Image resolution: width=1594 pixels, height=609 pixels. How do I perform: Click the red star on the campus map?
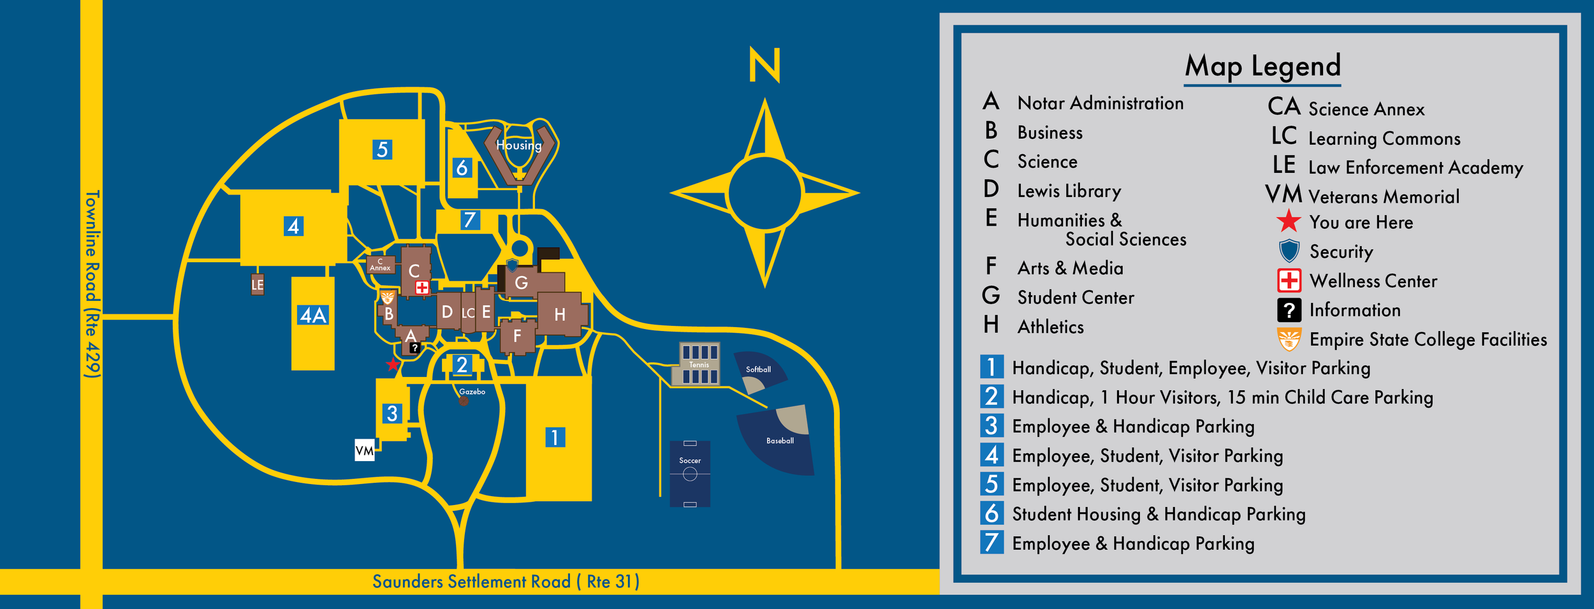coord(393,365)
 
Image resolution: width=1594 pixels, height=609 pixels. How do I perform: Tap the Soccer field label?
coord(689,460)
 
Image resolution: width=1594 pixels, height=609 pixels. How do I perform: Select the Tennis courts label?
coord(699,365)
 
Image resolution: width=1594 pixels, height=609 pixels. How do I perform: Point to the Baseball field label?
coord(780,441)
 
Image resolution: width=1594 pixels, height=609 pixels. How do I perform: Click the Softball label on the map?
coord(758,369)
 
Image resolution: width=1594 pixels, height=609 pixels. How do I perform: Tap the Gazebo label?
coord(472,392)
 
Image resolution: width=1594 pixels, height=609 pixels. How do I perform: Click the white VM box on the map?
coord(365,450)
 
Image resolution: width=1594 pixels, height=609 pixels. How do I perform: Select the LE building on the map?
coord(258,284)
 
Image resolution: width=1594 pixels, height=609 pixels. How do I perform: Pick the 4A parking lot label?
coord(313,315)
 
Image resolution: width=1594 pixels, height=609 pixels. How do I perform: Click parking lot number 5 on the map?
coord(382,150)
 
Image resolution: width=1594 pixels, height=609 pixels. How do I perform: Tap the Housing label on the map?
coord(519,145)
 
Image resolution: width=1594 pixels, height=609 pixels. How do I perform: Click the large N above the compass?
coord(764,65)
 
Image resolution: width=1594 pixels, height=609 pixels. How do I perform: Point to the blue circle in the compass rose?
coord(764,193)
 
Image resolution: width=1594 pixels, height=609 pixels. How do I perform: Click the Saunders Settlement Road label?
coord(506,582)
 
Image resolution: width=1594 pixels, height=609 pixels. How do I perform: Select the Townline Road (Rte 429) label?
coord(92,284)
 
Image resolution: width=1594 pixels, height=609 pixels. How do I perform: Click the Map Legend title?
coord(1262,66)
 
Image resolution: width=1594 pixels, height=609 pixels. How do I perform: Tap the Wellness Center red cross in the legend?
coord(1289,281)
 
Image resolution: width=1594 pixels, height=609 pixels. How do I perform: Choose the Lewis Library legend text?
coord(1069,191)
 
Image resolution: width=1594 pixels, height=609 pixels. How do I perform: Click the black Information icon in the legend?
coord(1289,310)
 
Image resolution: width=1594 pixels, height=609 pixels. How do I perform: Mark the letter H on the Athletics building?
coord(560,314)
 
